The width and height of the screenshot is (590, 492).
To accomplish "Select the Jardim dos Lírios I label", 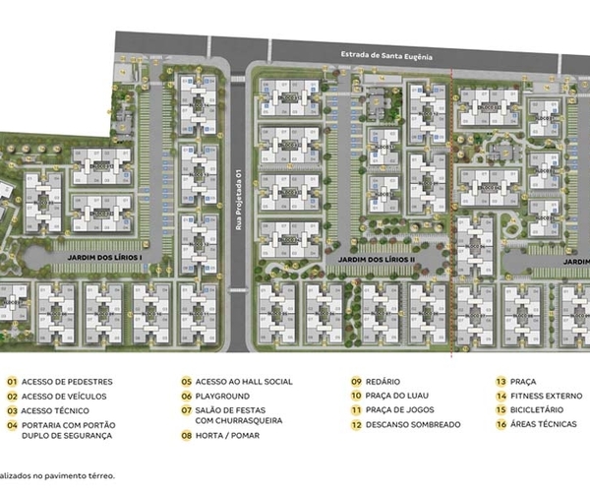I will [x=105, y=256].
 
